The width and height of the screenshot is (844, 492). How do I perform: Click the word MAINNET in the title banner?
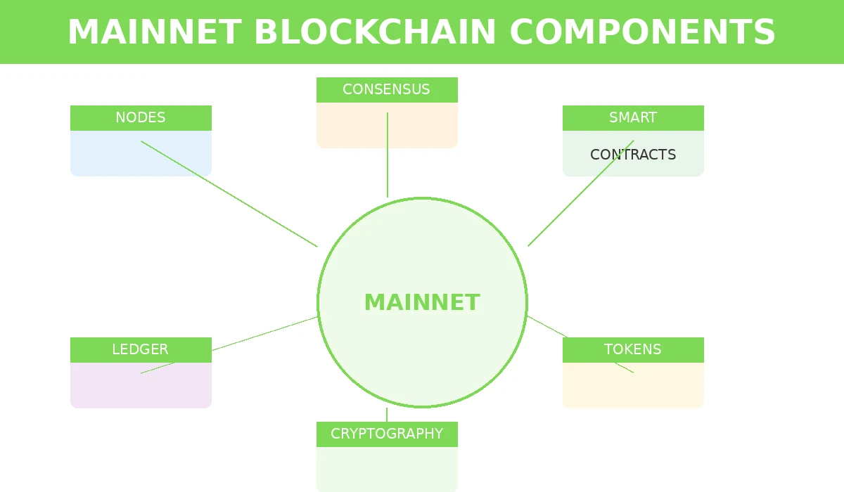[154, 32]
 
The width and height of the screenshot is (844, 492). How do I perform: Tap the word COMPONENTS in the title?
[641, 32]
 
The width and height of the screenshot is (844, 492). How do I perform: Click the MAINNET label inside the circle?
[422, 302]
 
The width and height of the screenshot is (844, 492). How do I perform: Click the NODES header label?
[141, 117]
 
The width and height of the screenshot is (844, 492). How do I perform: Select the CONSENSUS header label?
[386, 89]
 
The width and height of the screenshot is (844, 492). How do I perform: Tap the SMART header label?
[633, 117]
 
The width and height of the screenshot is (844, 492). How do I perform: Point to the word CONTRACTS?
[633, 155]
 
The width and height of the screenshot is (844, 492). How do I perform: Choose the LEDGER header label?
[140, 349]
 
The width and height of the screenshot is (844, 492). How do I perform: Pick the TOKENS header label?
[632, 349]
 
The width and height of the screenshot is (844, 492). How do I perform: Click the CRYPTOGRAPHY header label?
[387, 434]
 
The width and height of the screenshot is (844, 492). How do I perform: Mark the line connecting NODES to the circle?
[229, 194]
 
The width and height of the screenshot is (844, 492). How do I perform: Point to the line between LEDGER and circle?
[264, 334]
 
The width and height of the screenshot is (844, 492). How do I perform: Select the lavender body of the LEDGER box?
[141, 390]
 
